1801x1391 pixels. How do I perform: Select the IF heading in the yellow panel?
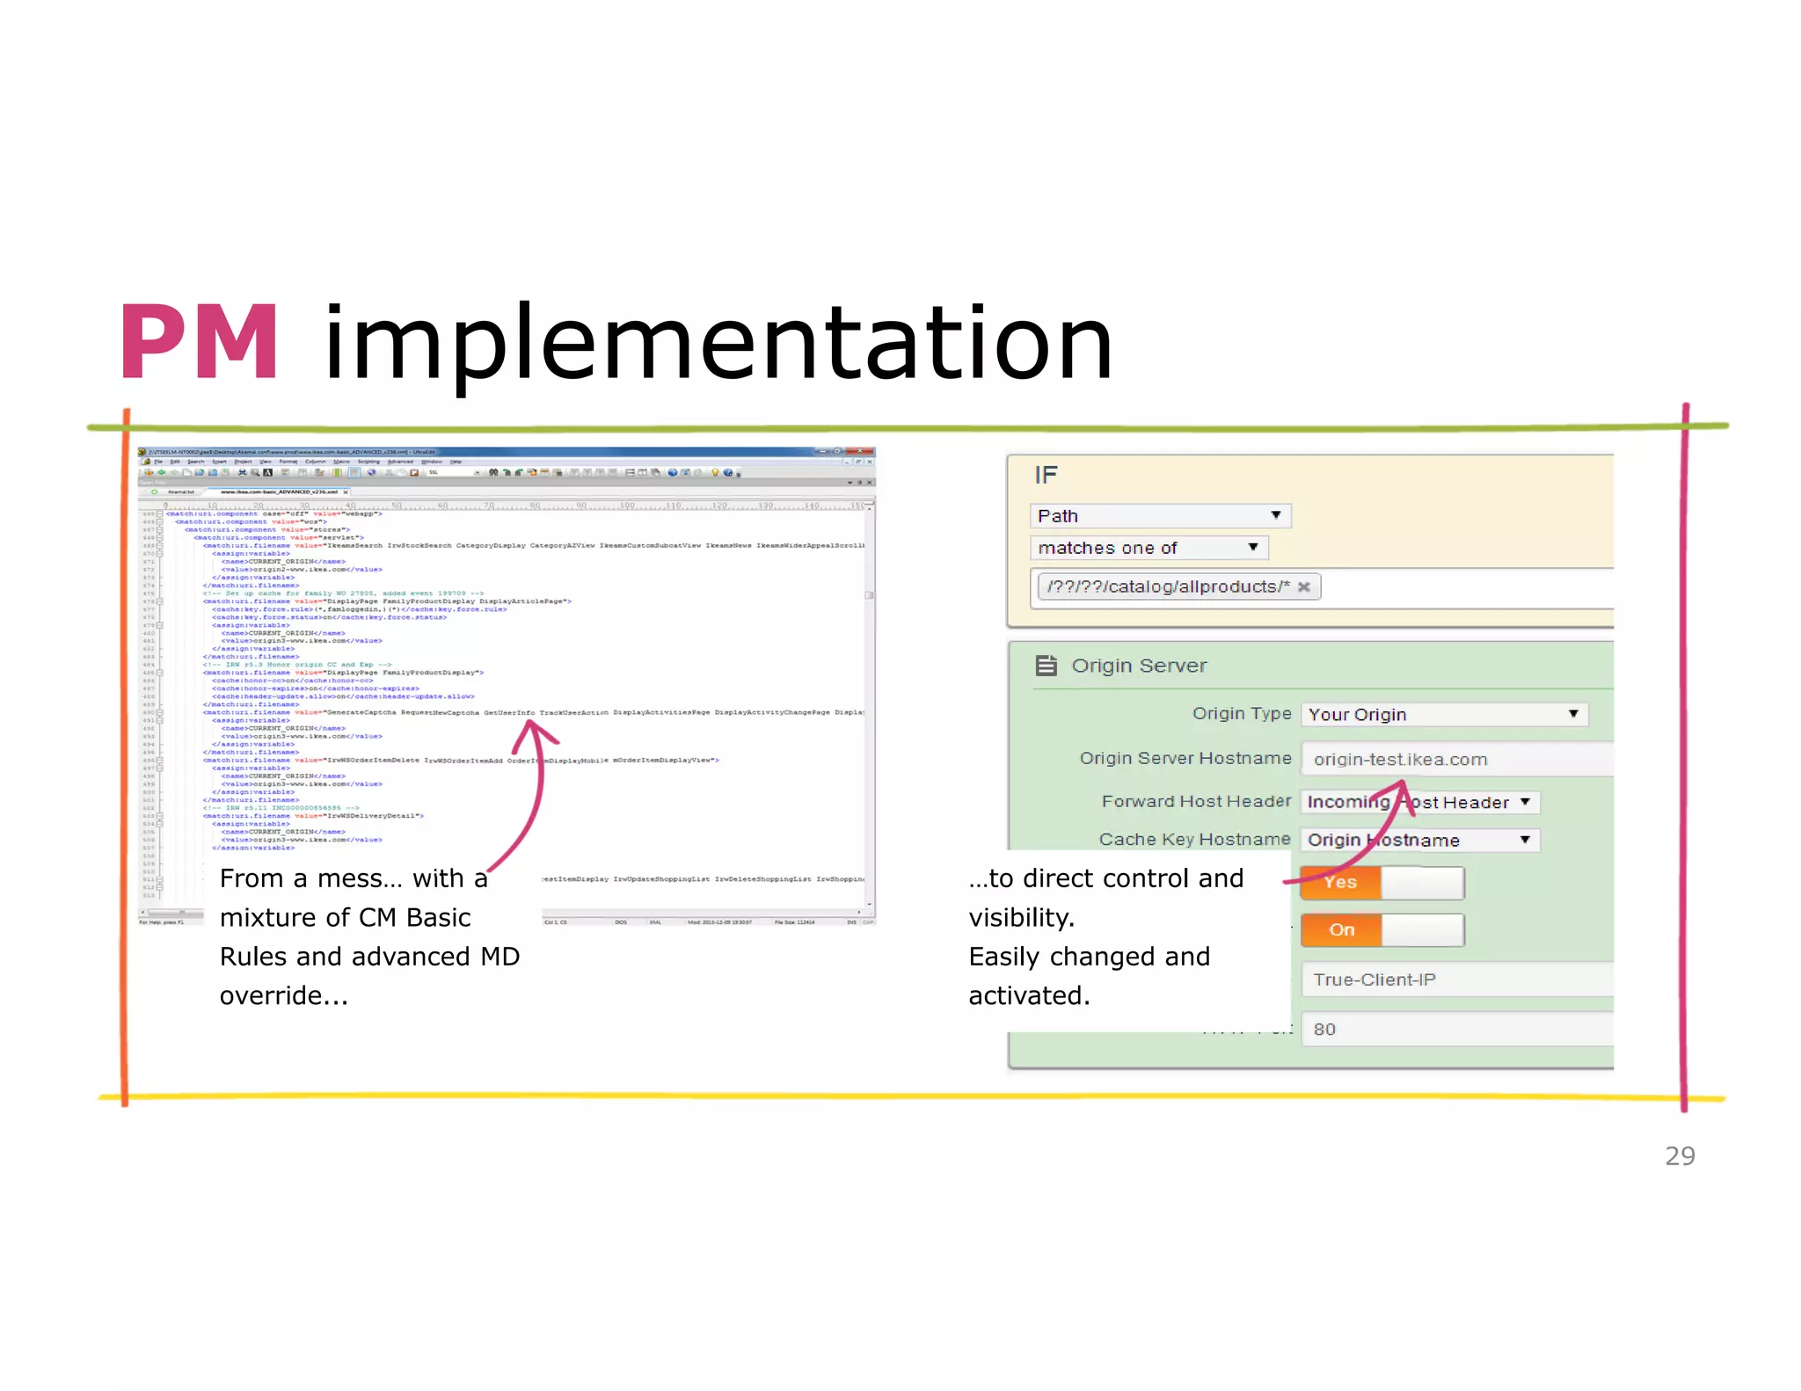pos(1046,476)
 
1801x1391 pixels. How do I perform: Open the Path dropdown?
pos(1159,516)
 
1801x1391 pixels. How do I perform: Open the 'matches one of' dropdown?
pos(1148,548)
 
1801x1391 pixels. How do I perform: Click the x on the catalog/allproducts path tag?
pos(1304,586)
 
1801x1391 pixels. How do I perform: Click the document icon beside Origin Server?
pos(1046,666)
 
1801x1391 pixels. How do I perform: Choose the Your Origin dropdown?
pos(1444,714)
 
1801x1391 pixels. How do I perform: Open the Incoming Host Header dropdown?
pos(1419,802)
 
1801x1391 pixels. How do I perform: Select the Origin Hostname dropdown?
pos(1419,840)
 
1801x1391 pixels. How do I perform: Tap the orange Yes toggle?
pos(1340,882)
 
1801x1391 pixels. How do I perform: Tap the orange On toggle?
pos(1341,929)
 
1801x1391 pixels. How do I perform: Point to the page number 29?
pos(1680,1155)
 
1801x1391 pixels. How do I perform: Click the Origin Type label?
pos(1241,713)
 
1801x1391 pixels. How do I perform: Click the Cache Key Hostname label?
pos(1194,839)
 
